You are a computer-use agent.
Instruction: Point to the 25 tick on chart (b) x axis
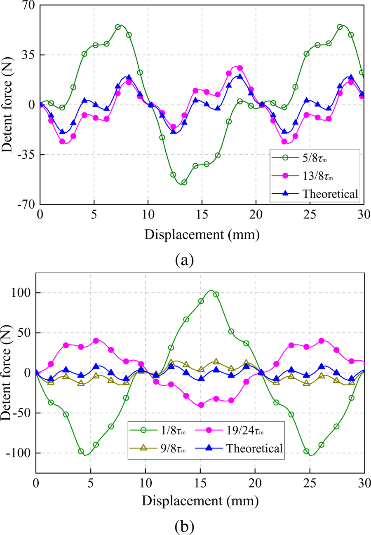pos(310,482)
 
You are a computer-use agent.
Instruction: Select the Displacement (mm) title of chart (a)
pos(202,235)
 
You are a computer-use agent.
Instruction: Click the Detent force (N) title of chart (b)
pos(7,373)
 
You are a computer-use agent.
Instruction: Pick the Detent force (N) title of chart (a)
pos(7,105)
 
